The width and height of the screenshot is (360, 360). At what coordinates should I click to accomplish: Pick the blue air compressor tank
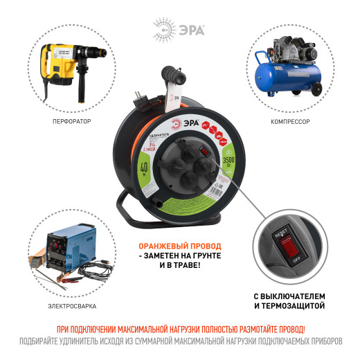coord(284,75)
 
